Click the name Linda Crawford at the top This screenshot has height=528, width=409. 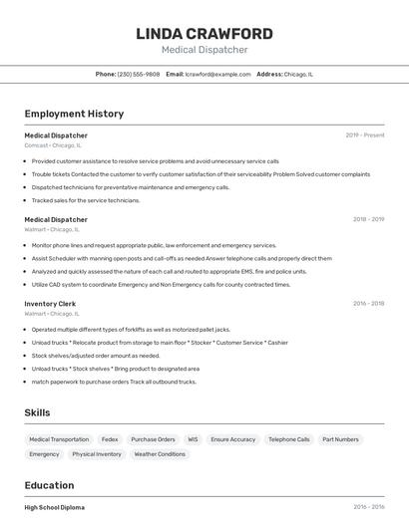coord(204,34)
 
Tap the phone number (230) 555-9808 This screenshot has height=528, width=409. coord(139,74)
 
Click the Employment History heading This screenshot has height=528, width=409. coord(74,114)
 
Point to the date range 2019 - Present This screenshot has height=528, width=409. coord(365,135)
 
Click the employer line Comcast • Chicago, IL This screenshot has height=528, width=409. coord(52,145)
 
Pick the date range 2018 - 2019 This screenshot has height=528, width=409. coord(368,219)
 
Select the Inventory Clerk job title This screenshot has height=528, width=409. coord(50,304)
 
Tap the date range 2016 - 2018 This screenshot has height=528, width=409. coord(368,304)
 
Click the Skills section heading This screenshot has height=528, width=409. coord(37,412)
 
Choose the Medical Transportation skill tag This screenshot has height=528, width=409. coord(59,439)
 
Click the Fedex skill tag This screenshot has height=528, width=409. coord(110,439)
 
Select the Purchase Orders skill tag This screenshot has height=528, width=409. coord(153,439)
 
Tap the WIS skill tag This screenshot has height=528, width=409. coord(193,439)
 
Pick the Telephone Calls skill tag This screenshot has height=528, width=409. coord(289,439)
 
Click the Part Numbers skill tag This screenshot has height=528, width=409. coord(340,439)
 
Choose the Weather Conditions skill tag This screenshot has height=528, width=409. coord(160,454)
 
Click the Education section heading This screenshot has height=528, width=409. coord(50,485)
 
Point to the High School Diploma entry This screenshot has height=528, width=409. coord(55,507)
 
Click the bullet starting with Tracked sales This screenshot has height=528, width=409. coord(86,200)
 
